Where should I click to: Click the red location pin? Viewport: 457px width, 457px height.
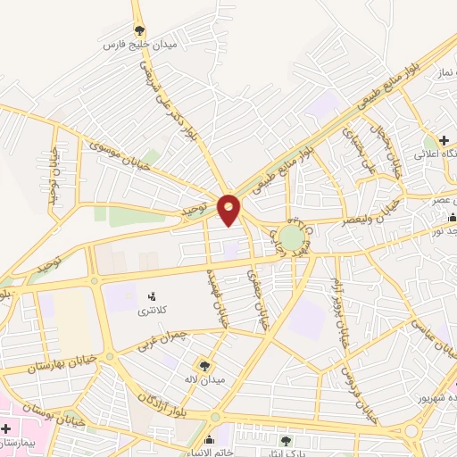point(230,208)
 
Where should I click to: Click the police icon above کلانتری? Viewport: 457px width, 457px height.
point(151,296)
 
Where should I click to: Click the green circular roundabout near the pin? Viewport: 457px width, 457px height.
point(290,237)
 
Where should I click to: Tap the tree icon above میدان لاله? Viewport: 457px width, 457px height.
point(206,365)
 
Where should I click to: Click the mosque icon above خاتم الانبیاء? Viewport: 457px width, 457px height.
point(210,440)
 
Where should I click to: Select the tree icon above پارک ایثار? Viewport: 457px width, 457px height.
point(286,441)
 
